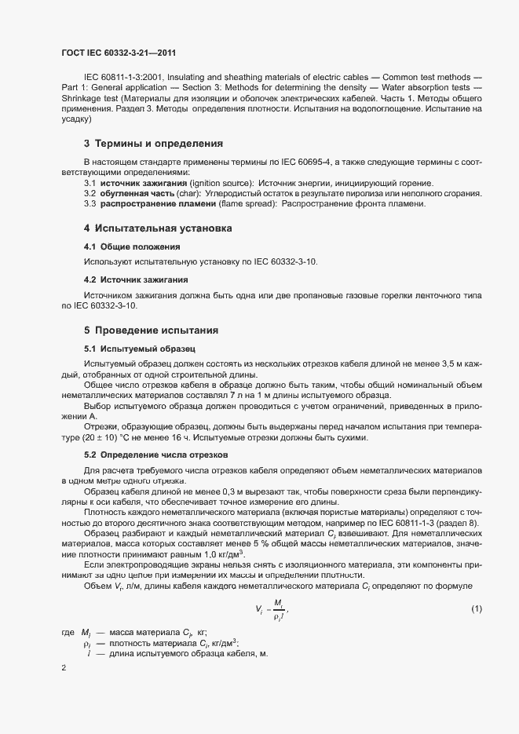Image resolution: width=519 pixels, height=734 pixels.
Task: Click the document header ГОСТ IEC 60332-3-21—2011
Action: coord(117,53)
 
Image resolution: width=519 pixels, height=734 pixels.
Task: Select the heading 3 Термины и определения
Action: coord(142,144)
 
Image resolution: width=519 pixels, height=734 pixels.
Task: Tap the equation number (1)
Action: coord(477,609)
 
